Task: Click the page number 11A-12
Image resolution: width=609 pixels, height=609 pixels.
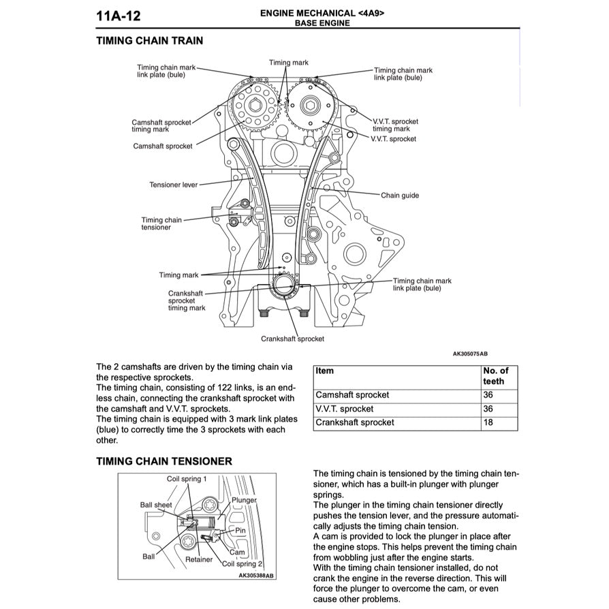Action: (119, 16)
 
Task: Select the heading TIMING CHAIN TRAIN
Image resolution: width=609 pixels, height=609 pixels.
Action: (149, 40)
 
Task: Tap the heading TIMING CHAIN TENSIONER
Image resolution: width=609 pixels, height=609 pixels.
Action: (164, 461)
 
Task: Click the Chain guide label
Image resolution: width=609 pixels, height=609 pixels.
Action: (400, 196)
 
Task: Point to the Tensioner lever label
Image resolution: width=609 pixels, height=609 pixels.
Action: (174, 185)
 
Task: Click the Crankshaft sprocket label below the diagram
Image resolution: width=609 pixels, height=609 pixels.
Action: (292, 339)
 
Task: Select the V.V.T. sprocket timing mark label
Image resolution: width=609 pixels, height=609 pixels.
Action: (395, 125)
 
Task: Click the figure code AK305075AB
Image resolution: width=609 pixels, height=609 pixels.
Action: (470, 354)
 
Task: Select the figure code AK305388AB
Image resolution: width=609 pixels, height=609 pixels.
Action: (255, 576)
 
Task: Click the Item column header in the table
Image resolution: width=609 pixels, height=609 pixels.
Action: (326, 371)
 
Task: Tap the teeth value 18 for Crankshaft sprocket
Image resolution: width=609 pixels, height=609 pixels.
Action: (488, 422)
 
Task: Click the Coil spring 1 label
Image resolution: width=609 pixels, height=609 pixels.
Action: (187, 480)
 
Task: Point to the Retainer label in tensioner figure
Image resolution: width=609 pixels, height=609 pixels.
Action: (199, 560)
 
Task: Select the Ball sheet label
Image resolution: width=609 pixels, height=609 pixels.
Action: (156, 505)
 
